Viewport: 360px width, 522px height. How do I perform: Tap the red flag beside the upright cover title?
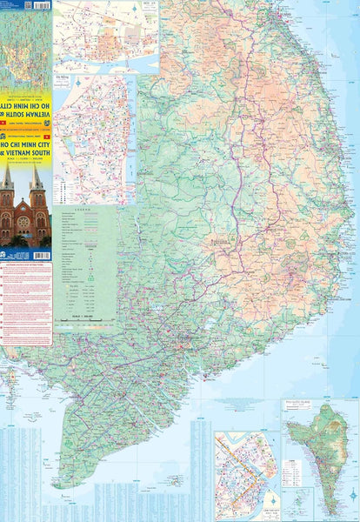click(x=4, y=137)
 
